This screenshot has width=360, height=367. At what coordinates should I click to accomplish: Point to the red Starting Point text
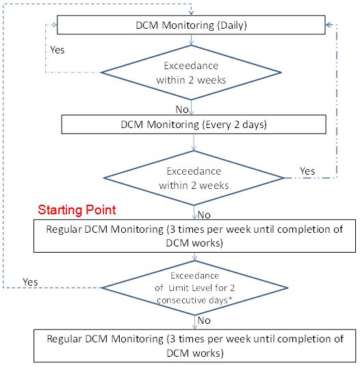click(x=77, y=210)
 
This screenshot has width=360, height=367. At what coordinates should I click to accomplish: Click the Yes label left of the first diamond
click(x=57, y=50)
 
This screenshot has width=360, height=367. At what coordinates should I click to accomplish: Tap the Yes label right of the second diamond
click(x=307, y=171)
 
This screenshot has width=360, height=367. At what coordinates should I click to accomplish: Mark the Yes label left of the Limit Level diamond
click(x=30, y=282)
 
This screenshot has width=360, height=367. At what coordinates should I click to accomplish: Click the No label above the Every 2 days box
click(x=182, y=110)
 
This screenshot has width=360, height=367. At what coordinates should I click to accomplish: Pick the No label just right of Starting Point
click(x=204, y=215)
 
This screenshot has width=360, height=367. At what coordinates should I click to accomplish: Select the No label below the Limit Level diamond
click(x=204, y=320)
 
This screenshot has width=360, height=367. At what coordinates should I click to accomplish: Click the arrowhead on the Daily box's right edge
click(x=329, y=25)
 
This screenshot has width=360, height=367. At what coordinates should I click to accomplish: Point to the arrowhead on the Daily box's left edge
click(x=54, y=25)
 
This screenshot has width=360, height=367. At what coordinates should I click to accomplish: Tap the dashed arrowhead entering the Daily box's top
click(x=191, y=12)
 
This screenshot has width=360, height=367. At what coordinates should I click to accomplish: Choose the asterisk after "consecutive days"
click(x=230, y=299)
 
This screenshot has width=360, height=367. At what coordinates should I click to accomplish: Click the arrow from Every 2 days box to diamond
click(x=194, y=142)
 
